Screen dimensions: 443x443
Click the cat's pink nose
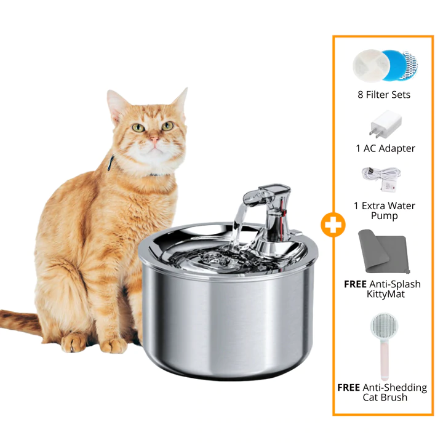click(154, 139)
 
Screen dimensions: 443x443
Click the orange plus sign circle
click(333, 225)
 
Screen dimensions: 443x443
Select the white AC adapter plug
click(385, 124)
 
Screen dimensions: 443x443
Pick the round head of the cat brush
click(384, 327)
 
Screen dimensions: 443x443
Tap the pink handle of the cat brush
click(385, 361)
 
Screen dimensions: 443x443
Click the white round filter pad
click(371, 66)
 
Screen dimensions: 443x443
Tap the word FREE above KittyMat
click(355, 284)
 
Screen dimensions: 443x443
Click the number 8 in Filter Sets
click(360, 95)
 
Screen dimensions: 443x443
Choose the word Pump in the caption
click(384, 216)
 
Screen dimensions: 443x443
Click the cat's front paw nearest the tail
click(73, 343)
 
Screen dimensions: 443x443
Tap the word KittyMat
click(386, 294)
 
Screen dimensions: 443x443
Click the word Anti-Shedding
click(394, 388)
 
